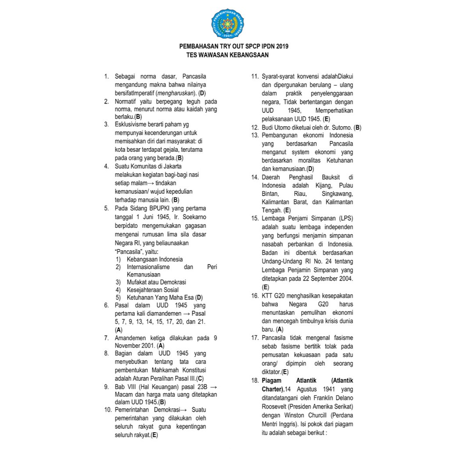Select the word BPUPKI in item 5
(160, 208)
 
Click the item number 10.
(107, 410)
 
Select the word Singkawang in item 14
(337, 194)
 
